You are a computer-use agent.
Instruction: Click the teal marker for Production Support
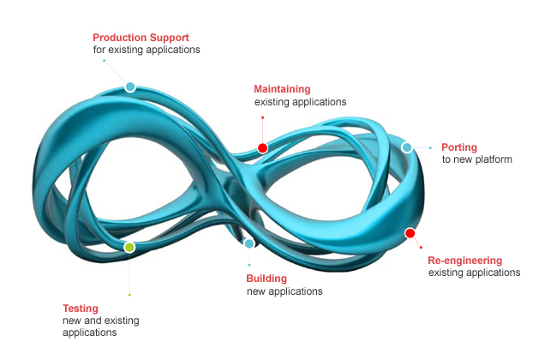click(130, 87)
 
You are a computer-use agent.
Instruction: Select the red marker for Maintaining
click(262, 147)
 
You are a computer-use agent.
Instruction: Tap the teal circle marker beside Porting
click(407, 147)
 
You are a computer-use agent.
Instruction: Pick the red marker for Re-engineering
click(410, 233)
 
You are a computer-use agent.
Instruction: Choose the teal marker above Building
click(249, 244)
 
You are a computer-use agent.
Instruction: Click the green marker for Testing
click(129, 247)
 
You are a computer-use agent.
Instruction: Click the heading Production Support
click(141, 38)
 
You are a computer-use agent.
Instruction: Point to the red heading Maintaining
click(282, 88)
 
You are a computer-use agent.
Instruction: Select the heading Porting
click(458, 147)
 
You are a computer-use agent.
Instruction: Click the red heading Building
click(267, 279)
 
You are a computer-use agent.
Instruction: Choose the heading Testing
click(81, 308)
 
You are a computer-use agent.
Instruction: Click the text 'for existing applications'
click(146, 50)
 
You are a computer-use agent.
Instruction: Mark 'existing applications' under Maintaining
click(300, 101)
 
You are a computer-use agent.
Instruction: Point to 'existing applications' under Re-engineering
click(474, 273)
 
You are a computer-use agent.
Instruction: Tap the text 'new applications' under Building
click(284, 291)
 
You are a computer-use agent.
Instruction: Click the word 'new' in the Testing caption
click(72, 320)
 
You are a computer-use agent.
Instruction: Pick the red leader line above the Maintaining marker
click(262, 129)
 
